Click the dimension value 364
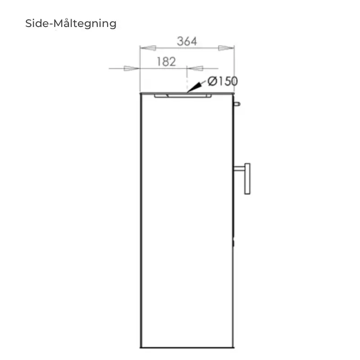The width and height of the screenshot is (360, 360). click(x=187, y=41)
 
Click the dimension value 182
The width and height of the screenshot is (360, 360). click(x=166, y=62)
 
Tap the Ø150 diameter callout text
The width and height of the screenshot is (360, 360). click(x=222, y=81)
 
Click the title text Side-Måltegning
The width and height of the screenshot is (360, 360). click(x=71, y=24)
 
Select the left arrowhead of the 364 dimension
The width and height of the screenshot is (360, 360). click(x=148, y=48)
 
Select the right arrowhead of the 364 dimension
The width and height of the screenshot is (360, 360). click(x=226, y=48)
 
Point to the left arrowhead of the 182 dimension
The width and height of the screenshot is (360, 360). click(x=132, y=68)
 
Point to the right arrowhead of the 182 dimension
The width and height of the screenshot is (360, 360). click(x=195, y=68)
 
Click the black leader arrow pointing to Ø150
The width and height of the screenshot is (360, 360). click(x=196, y=87)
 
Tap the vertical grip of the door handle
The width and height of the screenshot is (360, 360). click(x=247, y=179)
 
